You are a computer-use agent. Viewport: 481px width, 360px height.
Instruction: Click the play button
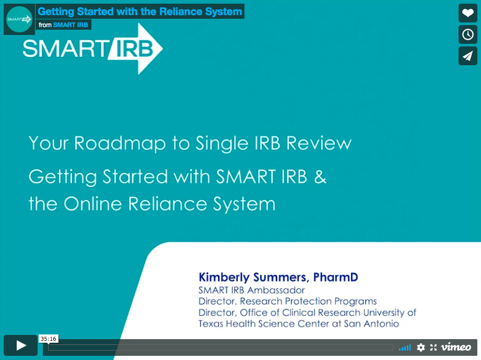tap(20, 345)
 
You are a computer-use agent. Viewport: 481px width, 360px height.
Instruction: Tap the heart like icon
tap(468, 13)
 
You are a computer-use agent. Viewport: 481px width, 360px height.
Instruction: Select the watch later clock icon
tap(468, 34)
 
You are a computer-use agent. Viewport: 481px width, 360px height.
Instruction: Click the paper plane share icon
tap(468, 56)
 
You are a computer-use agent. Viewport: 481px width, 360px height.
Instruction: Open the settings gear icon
tap(421, 347)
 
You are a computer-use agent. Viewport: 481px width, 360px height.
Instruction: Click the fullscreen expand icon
tap(433, 347)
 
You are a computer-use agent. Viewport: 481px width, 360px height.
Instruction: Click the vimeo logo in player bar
tap(456, 347)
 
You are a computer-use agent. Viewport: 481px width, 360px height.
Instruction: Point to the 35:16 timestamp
tap(49, 339)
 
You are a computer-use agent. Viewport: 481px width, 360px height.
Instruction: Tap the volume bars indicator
tap(405, 348)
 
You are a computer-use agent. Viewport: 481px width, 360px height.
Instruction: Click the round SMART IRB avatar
tap(19, 19)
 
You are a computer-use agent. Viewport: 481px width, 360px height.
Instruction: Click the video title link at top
tap(140, 11)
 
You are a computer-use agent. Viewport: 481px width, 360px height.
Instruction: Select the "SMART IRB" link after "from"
tap(71, 25)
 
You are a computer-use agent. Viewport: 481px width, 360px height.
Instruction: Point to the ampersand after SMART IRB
tap(320, 177)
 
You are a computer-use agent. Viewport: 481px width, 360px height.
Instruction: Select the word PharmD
tap(335, 277)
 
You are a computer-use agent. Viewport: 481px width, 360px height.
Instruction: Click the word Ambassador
tap(276, 290)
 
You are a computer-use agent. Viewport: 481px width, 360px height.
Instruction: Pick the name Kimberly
tap(224, 277)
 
